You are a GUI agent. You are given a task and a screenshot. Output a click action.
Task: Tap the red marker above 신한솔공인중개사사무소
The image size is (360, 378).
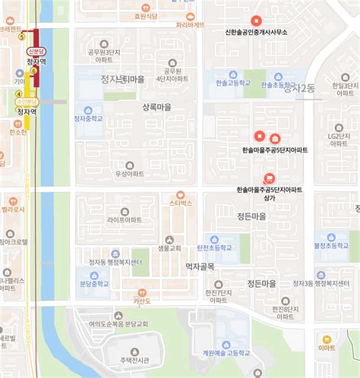point(256,20)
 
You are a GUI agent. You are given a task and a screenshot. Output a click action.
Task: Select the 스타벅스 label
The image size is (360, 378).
point(181,203)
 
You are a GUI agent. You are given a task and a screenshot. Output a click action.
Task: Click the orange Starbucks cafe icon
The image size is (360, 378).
point(181,194)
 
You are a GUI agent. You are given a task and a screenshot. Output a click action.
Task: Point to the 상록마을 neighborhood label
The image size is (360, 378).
point(156,108)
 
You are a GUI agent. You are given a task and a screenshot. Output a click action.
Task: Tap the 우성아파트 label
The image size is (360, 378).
point(129,174)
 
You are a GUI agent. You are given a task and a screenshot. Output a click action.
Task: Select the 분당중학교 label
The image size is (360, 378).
point(94,284)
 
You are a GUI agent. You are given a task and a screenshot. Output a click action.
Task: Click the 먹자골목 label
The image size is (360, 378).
point(200,266)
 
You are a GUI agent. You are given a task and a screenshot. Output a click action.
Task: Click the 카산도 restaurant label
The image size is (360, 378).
point(144,301)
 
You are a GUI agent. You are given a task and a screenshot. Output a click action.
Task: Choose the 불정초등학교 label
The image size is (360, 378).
point(331,246)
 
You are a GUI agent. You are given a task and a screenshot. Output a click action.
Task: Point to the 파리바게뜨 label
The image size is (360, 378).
point(190,24)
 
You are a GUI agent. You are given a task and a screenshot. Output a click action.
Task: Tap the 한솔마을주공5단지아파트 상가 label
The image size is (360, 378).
point(269,193)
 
